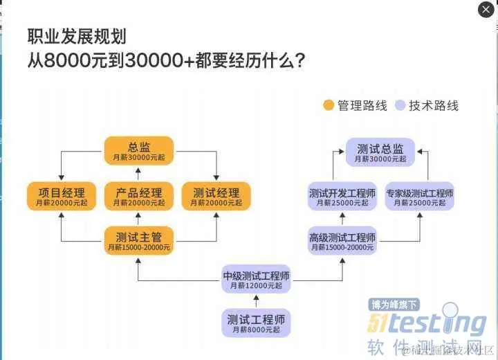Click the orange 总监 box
(x=139, y=150)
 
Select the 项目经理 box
(x=61, y=196)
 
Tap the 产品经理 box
(x=139, y=196)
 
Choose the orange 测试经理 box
(x=216, y=196)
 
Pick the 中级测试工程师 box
(x=256, y=279)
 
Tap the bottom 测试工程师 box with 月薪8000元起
(x=256, y=323)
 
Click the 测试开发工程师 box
(x=342, y=197)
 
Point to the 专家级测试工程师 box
(x=420, y=197)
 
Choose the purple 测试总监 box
(x=380, y=152)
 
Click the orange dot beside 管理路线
(x=329, y=106)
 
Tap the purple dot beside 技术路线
(x=399, y=106)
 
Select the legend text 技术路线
(x=433, y=106)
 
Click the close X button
(x=486, y=10)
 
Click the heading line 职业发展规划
(x=76, y=37)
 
